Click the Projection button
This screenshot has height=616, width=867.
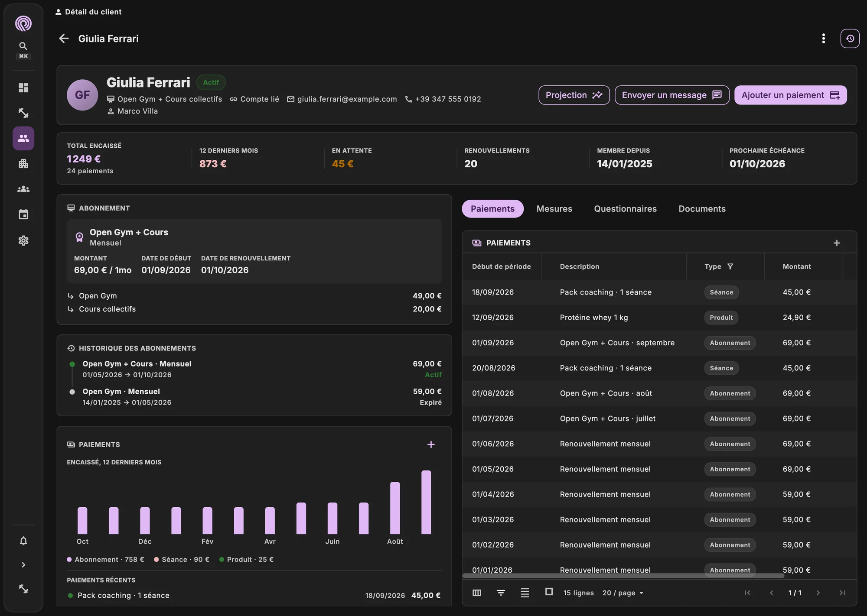tap(574, 95)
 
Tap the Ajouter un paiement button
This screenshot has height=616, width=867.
tap(790, 95)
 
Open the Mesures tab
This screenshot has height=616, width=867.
tap(554, 209)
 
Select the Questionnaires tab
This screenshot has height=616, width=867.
tap(625, 209)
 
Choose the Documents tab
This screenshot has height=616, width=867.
tap(702, 209)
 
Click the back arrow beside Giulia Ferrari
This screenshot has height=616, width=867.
tap(64, 39)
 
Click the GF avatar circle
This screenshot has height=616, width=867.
tap(82, 95)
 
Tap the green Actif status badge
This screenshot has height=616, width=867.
tap(211, 82)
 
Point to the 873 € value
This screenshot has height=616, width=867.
tap(213, 164)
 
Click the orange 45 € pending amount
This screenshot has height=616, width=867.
tap(342, 164)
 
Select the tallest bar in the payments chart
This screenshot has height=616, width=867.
tap(426, 502)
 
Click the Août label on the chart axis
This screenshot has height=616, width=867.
tap(395, 541)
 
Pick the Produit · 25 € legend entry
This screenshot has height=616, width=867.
tap(246, 559)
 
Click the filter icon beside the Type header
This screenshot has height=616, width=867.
tap(730, 266)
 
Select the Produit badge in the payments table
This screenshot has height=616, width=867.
tap(721, 318)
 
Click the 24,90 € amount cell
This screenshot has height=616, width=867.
tap(796, 318)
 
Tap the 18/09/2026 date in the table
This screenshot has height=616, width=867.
tap(493, 292)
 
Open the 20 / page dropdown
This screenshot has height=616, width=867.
tap(623, 593)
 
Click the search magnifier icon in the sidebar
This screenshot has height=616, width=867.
tap(23, 46)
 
